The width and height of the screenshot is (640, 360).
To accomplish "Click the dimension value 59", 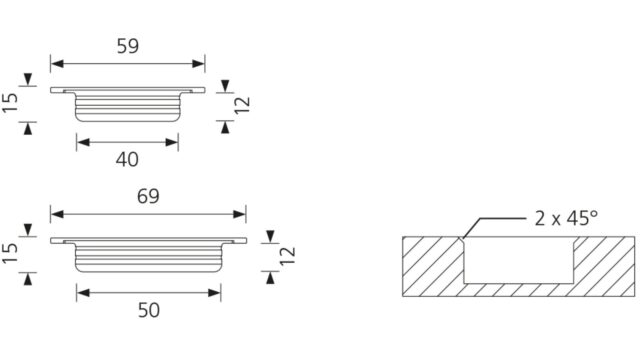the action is click(128, 46).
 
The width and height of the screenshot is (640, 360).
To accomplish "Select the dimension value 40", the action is click(127, 159).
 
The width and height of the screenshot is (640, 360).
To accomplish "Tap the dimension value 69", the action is click(148, 196).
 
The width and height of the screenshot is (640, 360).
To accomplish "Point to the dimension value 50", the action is click(149, 310).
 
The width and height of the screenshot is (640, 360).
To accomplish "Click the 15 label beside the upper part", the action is click(10, 102).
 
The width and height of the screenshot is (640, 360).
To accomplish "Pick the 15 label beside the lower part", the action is click(10, 253).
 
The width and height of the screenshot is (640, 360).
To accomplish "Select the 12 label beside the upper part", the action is click(242, 105).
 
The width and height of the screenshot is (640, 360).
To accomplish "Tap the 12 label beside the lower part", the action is click(288, 256).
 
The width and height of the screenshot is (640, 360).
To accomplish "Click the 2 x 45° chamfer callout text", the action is click(566, 218).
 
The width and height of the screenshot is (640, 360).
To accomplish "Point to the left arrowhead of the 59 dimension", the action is click(57, 64).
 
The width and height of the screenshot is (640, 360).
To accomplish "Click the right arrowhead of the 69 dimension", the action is click(240, 214).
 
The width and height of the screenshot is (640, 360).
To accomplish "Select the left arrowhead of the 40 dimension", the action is click(83, 142).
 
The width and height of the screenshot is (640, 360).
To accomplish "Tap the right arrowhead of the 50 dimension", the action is click(214, 293).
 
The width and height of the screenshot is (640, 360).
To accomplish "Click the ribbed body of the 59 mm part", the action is click(128, 108).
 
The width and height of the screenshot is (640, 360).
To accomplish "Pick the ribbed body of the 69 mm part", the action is click(149, 258).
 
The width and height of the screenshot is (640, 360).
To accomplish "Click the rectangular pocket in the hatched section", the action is click(519, 260).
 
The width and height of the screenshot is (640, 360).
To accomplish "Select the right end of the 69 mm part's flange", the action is click(246, 241).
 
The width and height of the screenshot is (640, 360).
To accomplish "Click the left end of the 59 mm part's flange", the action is click(51, 90).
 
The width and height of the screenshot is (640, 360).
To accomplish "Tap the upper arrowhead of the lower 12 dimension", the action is click(270, 237).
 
